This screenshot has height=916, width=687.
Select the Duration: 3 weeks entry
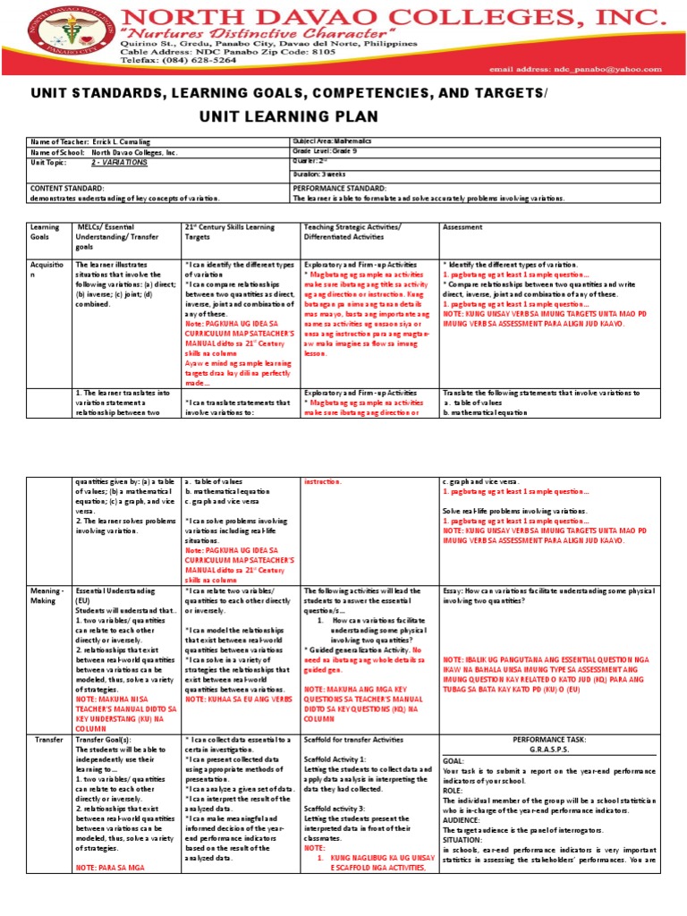pyautogui.click(x=323, y=174)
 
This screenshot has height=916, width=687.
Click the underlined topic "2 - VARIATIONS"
pyautogui.click(x=120, y=164)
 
